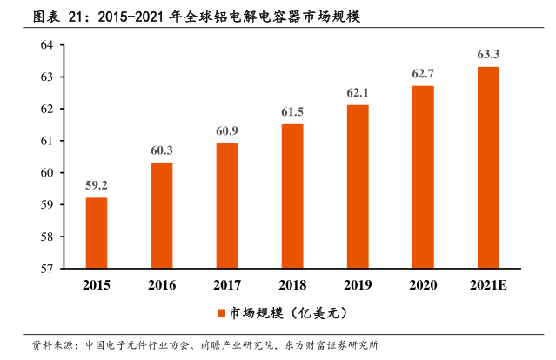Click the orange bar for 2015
(97, 233)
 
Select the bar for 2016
(162, 216)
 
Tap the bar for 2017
(227, 206)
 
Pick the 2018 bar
(292, 197)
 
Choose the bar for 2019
(358, 187)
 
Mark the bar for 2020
(423, 177)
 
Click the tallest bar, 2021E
(488, 168)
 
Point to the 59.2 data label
(97, 185)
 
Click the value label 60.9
(227, 130)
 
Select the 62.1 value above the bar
(358, 92)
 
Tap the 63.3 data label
(488, 54)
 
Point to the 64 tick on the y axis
(47, 45)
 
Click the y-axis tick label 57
(47, 269)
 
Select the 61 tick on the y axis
(47, 141)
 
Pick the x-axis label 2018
(292, 285)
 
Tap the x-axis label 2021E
(488, 285)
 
